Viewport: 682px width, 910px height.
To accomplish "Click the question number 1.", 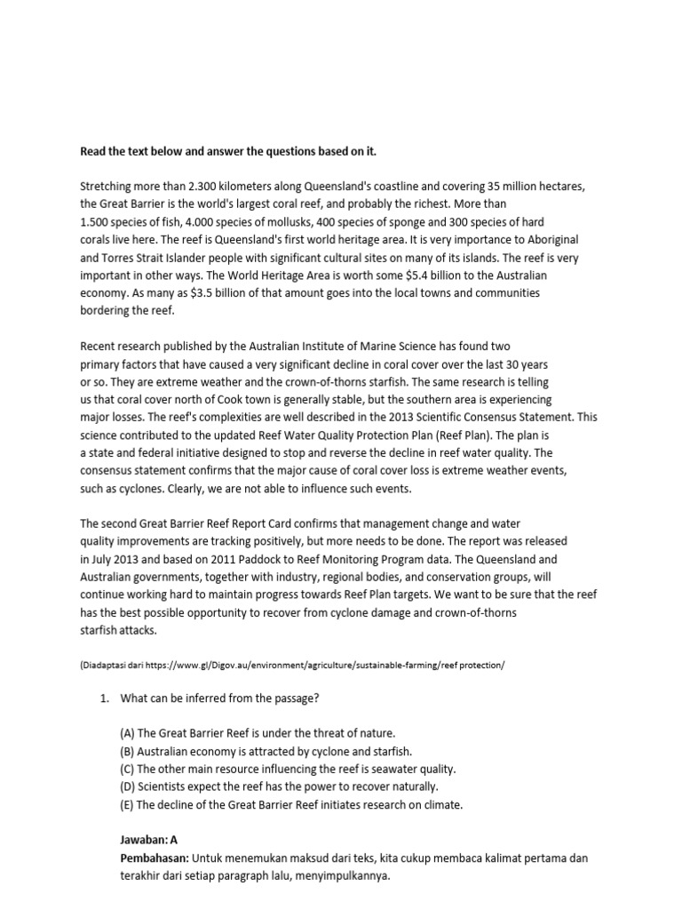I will [x=103, y=698].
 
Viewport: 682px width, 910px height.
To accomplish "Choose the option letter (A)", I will [x=128, y=733].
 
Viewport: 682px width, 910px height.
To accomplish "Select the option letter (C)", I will [x=128, y=769].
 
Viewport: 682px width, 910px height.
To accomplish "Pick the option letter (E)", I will [x=128, y=804].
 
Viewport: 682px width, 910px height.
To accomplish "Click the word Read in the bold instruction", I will [x=93, y=151].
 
